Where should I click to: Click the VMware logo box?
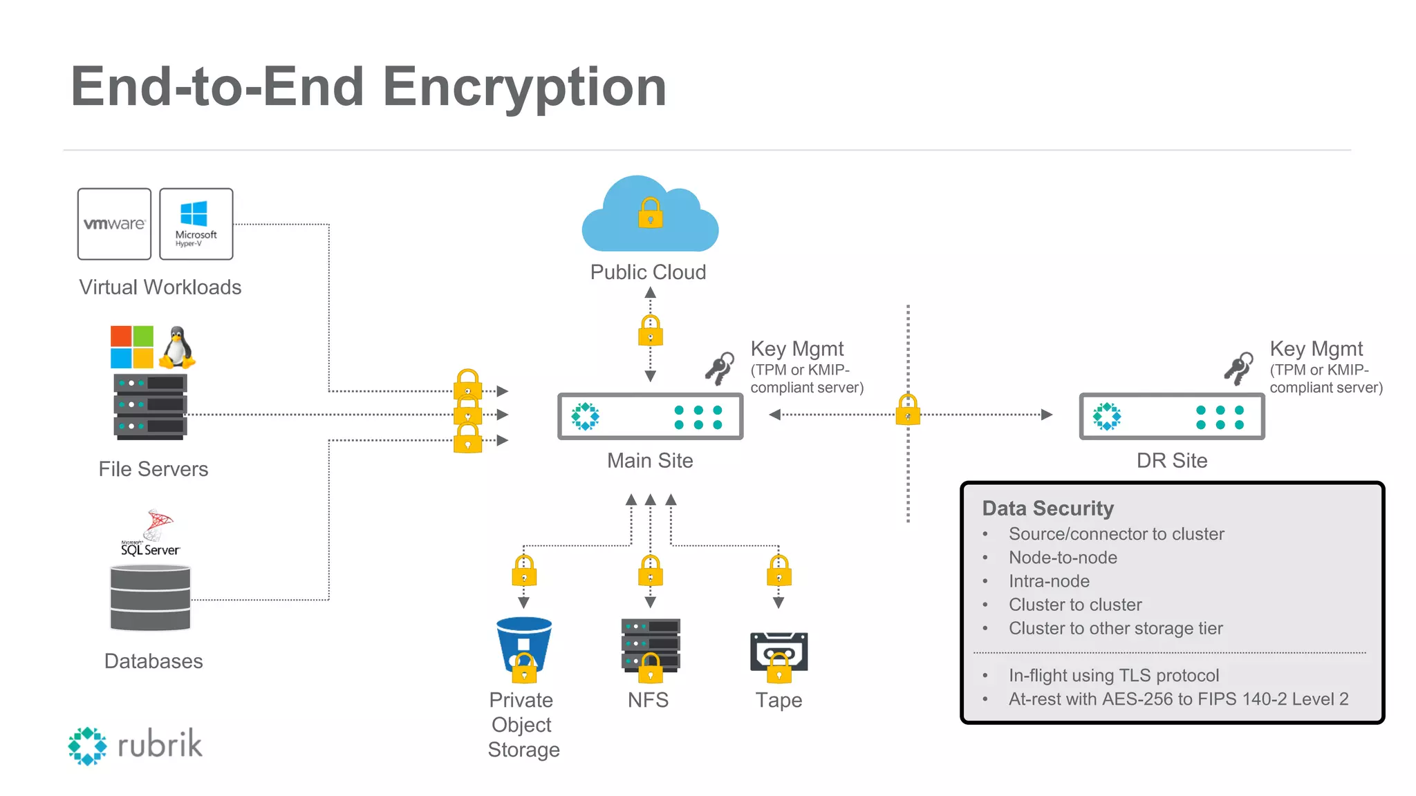coord(114,224)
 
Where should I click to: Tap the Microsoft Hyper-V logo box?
coord(196,224)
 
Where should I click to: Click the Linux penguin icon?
coord(177,347)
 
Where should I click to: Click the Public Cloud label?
coord(648,272)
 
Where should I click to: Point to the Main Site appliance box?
coord(650,416)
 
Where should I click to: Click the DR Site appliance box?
coord(1171,416)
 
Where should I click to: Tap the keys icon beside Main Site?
coord(720,368)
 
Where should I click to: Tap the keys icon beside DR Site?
coord(1238,368)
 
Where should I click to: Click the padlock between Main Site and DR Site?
coord(908,410)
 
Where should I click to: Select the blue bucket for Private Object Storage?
coord(524,644)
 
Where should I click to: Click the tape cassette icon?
coord(779,651)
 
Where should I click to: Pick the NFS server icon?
coord(650,644)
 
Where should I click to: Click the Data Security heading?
coord(1047,509)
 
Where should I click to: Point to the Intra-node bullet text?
coord(1049,581)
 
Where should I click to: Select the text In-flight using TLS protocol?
coord(1113,675)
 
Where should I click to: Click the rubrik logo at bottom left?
coord(136,745)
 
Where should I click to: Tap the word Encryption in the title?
coord(524,87)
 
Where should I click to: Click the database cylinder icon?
coord(150,598)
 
